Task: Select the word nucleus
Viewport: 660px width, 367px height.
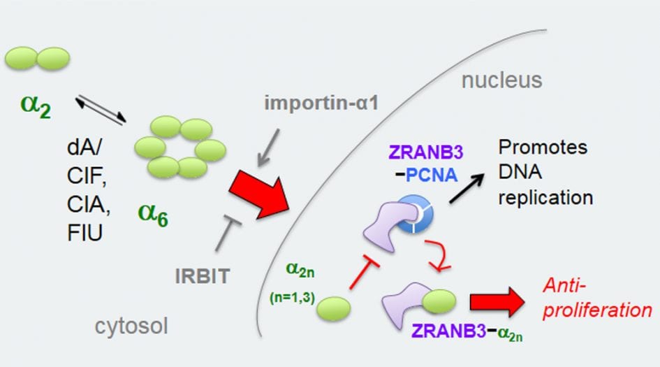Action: pos(501,80)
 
